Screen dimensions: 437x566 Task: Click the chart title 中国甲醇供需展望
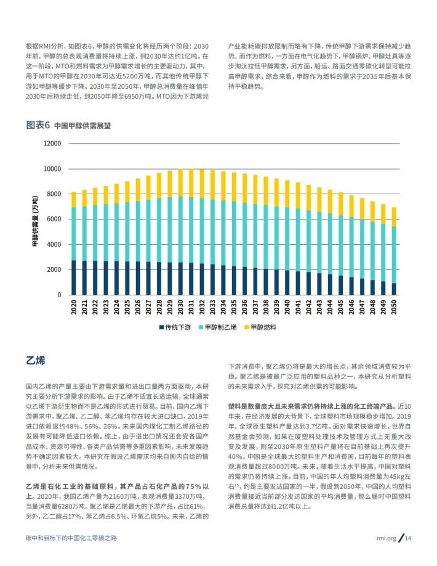point(82,126)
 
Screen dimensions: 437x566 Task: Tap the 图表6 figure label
point(38,125)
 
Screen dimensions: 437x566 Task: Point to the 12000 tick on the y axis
point(52,143)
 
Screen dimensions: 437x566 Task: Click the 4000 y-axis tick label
point(54,244)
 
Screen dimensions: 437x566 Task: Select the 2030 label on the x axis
point(180,307)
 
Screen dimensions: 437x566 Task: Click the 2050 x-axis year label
point(394,307)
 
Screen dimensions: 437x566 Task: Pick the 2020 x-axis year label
point(74,307)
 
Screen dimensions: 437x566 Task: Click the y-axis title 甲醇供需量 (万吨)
point(35,221)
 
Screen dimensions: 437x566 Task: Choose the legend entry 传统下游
point(175,327)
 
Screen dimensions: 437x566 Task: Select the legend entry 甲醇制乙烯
point(218,327)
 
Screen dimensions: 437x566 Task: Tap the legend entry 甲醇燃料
point(260,327)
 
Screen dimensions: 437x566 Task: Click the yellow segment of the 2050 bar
point(394,217)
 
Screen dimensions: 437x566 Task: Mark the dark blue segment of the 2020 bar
point(74,277)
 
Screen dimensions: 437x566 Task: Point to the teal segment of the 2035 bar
point(234,234)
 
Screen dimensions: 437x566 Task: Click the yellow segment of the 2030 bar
point(180,183)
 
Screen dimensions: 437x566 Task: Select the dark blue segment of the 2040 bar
point(287,282)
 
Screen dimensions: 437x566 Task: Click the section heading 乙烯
point(36,360)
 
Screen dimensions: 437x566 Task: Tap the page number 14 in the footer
point(408,538)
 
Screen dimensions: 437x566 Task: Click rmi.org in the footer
point(386,538)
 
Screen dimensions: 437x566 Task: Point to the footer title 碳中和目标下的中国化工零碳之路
point(71,538)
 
